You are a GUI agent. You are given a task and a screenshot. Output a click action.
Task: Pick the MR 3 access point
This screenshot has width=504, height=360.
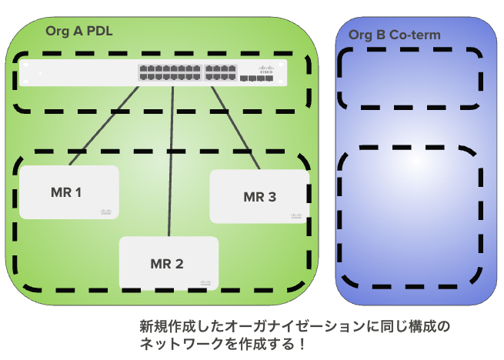tap(259, 197)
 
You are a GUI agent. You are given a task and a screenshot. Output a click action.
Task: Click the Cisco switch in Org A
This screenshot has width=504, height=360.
tap(153, 73)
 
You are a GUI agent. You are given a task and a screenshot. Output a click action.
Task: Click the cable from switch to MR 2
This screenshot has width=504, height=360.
tap(171, 162)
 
